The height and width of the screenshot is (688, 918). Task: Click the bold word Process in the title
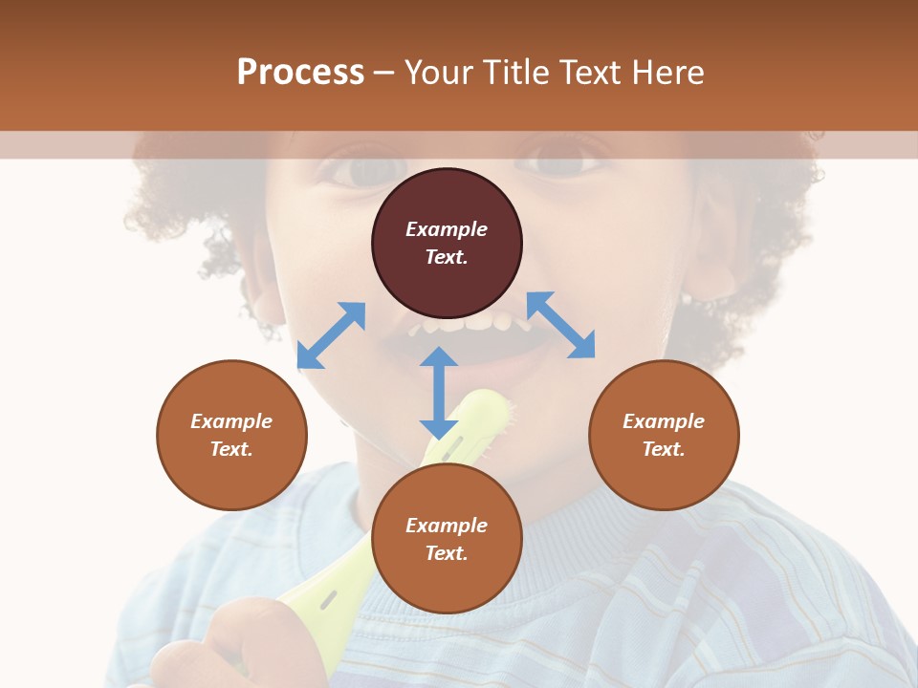(300, 73)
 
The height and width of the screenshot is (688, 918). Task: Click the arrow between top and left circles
(331, 335)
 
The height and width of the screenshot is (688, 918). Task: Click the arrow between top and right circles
(560, 325)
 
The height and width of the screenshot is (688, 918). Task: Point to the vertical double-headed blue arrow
(439, 393)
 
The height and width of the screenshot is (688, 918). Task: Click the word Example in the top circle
(447, 229)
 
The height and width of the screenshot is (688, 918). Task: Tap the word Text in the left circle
(231, 449)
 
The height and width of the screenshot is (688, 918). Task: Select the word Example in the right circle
(664, 421)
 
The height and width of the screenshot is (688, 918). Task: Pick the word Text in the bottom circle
(447, 553)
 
